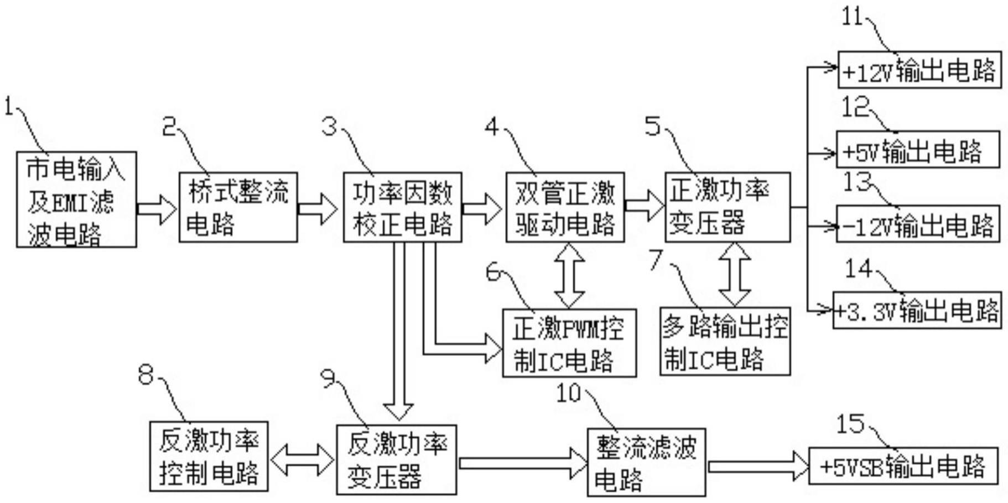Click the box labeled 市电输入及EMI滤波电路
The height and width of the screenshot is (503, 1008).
[x=76, y=200]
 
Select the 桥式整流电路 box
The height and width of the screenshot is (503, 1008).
[x=238, y=207]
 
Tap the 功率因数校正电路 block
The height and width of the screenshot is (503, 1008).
[x=402, y=207]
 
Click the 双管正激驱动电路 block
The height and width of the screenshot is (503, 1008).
[x=565, y=207]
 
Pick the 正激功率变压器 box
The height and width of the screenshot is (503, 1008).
[x=727, y=207]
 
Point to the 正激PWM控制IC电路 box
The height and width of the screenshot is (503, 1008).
[x=569, y=343]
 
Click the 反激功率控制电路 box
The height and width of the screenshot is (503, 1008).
[x=209, y=457]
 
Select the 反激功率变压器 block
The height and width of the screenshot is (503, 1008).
[x=397, y=460]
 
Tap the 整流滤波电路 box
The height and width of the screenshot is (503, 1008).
[x=646, y=463]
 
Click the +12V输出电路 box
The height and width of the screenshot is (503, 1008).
[x=919, y=70]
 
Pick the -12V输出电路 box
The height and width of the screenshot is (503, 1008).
[x=917, y=224]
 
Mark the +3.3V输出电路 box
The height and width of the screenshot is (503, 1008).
[x=917, y=311]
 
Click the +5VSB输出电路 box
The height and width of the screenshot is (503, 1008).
[x=903, y=466]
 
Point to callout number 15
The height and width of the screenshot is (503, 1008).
[x=849, y=424]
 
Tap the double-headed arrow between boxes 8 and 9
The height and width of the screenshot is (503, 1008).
[x=302, y=459]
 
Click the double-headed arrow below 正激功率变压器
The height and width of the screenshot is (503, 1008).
[x=734, y=274]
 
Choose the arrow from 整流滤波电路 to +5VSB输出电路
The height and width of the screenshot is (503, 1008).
[x=757, y=467]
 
